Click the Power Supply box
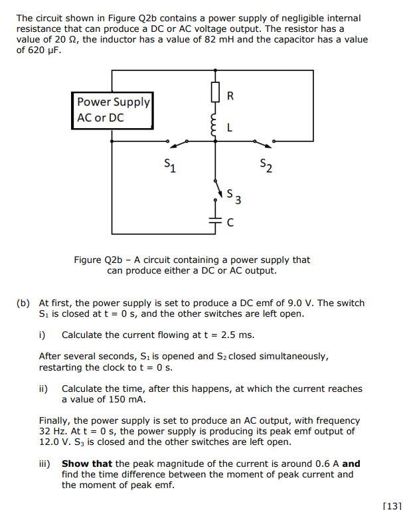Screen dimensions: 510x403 pyautogui.click(x=112, y=110)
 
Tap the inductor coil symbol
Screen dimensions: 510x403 pyautogui.click(x=214, y=124)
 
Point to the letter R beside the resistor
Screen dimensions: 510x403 pyautogui.click(x=230, y=96)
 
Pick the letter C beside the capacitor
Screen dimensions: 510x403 pyautogui.click(x=230, y=224)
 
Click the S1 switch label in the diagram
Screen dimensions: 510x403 pyautogui.click(x=171, y=164)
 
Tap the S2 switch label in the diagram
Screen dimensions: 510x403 pyautogui.click(x=266, y=164)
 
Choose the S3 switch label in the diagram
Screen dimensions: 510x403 pyautogui.click(x=233, y=197)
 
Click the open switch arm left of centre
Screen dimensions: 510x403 pyautogui.click(x=177, y=143)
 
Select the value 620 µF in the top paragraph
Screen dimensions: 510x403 pyautogui.click(x=39, y=50)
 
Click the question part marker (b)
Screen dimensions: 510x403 pyautogui.click(x=23, y=303)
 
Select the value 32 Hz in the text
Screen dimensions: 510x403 pyautogui.click(x=50, y=431)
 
